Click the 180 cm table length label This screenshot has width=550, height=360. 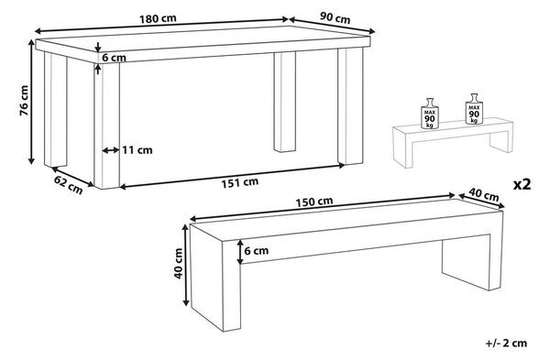click(x=158, y=18)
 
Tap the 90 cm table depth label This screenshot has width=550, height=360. click(x=335, y=18)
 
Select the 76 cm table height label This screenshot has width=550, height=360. click(x=24, y=100)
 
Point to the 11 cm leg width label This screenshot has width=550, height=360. click(x=137, y=150)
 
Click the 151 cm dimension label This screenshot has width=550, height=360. click(x=239, y=182)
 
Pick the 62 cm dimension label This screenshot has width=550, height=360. click(x=69, y=185)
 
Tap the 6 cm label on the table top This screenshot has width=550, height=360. click(x=114, y=58)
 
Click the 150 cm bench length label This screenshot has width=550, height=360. click(x=313, y=202)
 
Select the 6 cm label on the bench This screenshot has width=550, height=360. click(x=257, y=251)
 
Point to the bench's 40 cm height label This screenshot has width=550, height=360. click(x=179, y=263)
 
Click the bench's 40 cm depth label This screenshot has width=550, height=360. click(x=484, y=194)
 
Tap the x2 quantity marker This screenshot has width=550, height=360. click(x=522, y=184)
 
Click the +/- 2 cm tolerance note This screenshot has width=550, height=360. click(x=506, y=343)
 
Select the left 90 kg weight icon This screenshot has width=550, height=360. click(x=430, y=114)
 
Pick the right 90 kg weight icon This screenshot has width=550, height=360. click(x=474, y=109)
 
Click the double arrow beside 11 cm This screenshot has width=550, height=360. click(x=111, y=150)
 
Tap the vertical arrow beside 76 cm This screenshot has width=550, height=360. click(x=31, y=102)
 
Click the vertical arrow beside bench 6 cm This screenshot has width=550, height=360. click(x=240, y=252)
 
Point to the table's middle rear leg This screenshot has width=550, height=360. click(x=284, y=102)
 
